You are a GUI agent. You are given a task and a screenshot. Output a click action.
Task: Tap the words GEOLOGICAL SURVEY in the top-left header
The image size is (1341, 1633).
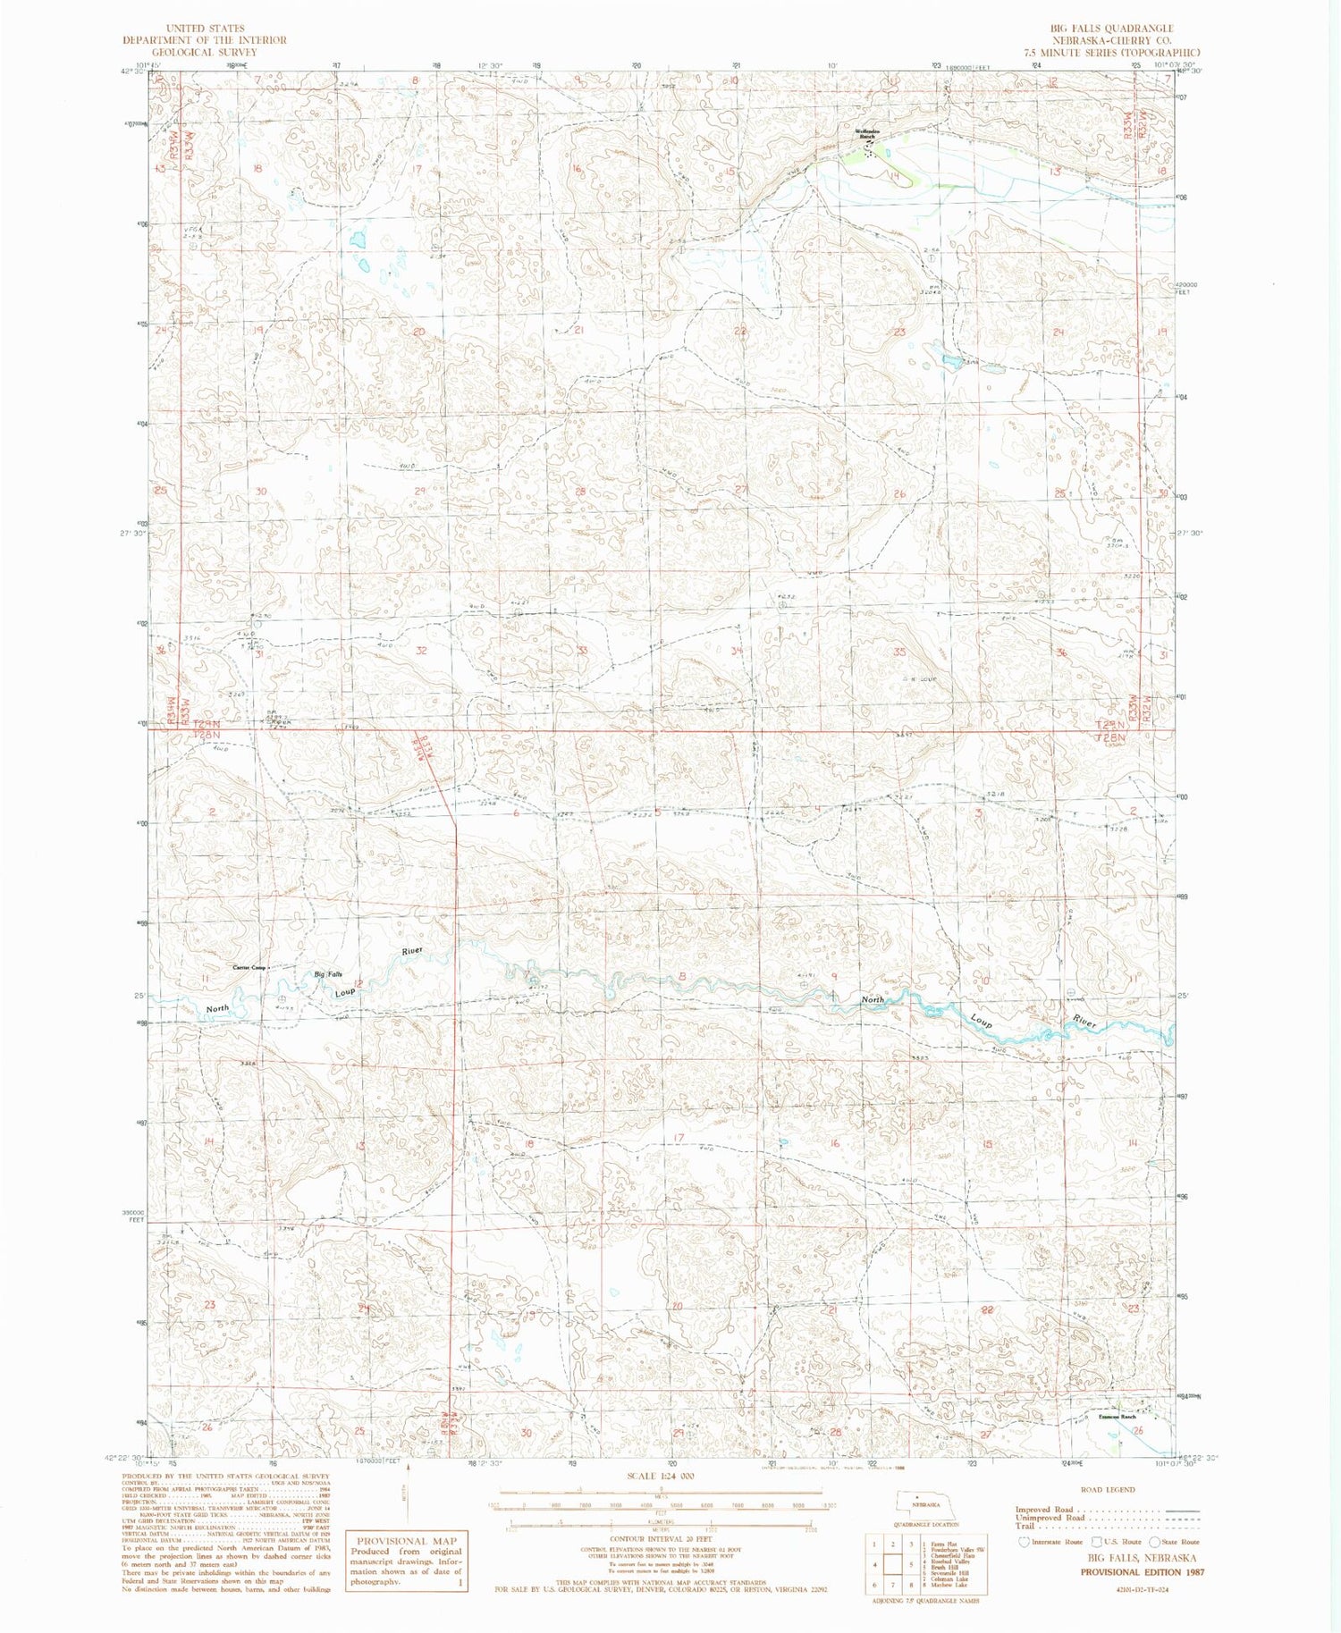tap(205, 52)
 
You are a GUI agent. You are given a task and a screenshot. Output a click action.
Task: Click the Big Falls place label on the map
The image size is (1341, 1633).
tap(327, 974)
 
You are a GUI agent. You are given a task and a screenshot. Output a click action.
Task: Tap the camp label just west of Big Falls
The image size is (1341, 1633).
tap(249, 967)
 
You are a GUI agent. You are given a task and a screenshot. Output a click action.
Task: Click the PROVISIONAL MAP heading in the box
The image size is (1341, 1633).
tap(406, 1541)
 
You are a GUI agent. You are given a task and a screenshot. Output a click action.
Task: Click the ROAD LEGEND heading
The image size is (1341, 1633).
tap(1108, 1489)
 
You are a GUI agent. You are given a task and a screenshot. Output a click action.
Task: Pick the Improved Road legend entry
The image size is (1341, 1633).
tap(1046, 1510)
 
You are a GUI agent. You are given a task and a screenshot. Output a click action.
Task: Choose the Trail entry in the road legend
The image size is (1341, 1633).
tap(1025, 1526)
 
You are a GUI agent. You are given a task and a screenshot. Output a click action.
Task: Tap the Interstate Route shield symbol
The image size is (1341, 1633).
tap(1024, 1542)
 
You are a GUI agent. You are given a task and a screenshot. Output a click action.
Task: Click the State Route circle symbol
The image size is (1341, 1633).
tap(1154, 1542)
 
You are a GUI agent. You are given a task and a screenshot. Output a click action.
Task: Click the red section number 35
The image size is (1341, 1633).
tap(900, 652)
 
